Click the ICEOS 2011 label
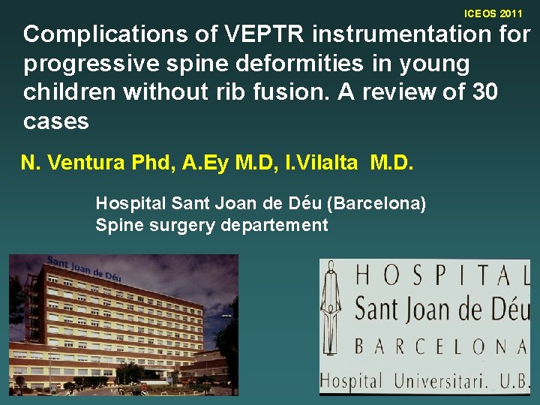493,13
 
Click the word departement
274,226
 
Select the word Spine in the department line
116,226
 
